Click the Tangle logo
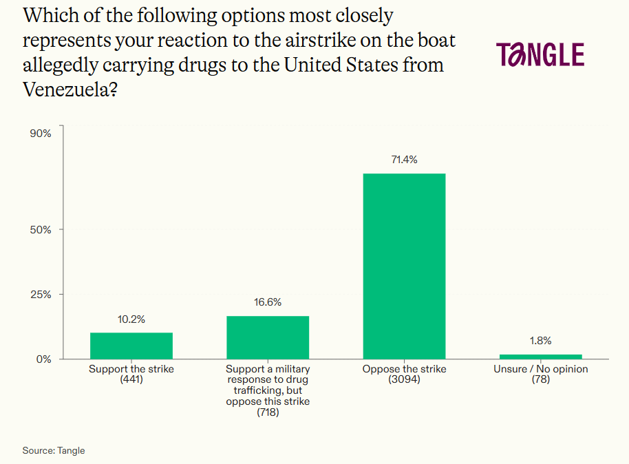[x=540, y=54]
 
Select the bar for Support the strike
[x=131, y=346]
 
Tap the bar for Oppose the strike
[x=404, y=266]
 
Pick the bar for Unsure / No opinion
[x=540, y=356]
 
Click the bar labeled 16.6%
[x=268, y=337]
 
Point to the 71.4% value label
[x=404, y=160]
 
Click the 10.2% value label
[x=131, y=319]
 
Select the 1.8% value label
[x=540, y=341]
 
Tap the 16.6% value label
[x=268, y=302]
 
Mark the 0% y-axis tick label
[x=43, y=359]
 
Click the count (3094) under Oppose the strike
[x=404, y=379]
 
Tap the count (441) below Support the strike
[x=131, y=379]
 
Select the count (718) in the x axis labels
[x=268, y=412]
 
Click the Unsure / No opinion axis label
[x=540, y=369]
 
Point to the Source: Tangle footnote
[x=54, y=450]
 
